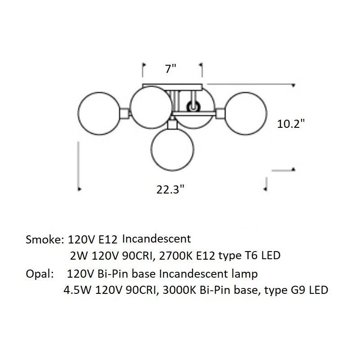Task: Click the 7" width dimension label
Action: (x=171, y=69)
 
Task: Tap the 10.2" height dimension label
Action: (x=291, y=124)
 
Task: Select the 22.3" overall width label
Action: (x=171, y=189)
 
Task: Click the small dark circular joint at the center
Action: (x=193, y=107)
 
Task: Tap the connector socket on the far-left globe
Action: (x=125, y=113)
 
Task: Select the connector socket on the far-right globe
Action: (x=220, y=113)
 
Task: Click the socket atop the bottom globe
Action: (x=172, y=125)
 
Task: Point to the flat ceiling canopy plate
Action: (x=172, y=87)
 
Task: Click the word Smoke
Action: (x=43, y=239)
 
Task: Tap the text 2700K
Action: (x=175, y=256)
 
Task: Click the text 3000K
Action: (x=179, y=290)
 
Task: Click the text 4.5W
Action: (x=77, y=290)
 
